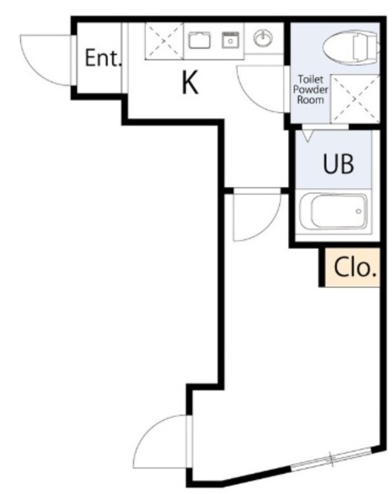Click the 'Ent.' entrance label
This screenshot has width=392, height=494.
coord(103,59)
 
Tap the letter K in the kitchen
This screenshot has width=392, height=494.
coord(189,83)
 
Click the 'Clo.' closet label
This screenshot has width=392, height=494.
coord(354,269)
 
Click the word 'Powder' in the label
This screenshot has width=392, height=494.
coord(312,89)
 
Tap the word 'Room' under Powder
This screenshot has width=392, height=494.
coord(312,99)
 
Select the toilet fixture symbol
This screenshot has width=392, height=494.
coord(350,47)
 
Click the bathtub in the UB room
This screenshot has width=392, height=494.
coord(332,210)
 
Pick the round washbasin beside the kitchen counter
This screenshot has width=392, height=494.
coord(265,38)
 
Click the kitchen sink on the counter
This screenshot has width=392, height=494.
coord(199,39)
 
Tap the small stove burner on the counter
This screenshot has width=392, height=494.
coord(230,39)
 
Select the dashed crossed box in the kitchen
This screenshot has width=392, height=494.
coord(164,41)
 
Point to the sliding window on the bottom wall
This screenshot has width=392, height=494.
coord(331,459)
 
